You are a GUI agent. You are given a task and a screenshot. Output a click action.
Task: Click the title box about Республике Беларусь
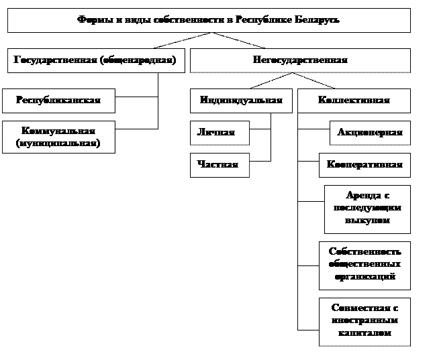point(209,19)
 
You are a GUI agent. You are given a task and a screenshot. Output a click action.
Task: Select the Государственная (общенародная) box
point(95,60)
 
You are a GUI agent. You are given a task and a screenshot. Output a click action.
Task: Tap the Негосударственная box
point(300,60)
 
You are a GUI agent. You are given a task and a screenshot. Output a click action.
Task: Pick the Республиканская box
point(58,100)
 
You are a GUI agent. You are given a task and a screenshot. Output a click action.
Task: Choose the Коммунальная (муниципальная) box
point(58,137)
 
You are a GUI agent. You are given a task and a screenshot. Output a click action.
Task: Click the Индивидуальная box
point(241,100)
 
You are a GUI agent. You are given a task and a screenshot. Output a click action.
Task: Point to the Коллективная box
point(354,100)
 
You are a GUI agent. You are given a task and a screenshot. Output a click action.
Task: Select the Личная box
point(220,133)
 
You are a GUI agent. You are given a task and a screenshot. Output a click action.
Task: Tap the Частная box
point(220,165)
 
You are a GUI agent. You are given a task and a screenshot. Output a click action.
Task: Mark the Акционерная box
point(370,133)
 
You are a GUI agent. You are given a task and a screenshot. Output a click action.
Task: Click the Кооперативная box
point(365,165)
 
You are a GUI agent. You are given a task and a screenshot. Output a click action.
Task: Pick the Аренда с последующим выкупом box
point(367,208)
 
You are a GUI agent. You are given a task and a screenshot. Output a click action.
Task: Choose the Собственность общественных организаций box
point(365,263)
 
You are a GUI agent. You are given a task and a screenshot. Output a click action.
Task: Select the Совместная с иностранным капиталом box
point(365,320)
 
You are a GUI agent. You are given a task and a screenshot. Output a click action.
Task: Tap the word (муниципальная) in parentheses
point(58,143)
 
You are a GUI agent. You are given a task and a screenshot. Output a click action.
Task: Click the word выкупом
point(367,220)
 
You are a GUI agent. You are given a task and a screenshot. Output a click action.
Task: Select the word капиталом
point(365,333)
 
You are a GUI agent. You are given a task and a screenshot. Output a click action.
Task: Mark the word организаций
point(365,276)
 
